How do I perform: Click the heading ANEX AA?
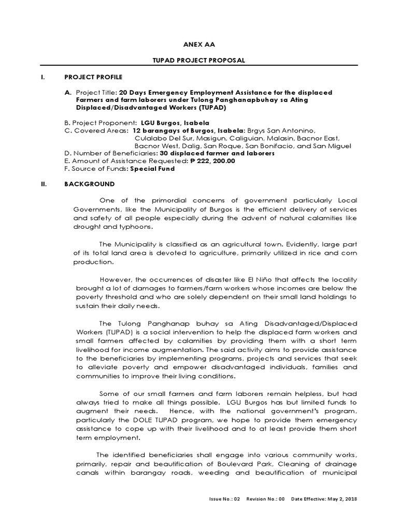199,45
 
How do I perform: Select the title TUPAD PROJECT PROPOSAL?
199,61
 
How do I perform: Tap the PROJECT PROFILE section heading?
93,77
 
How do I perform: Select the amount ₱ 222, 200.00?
206,161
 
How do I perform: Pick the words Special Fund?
152,169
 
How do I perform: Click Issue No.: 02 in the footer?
225,499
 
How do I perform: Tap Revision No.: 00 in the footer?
265,499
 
